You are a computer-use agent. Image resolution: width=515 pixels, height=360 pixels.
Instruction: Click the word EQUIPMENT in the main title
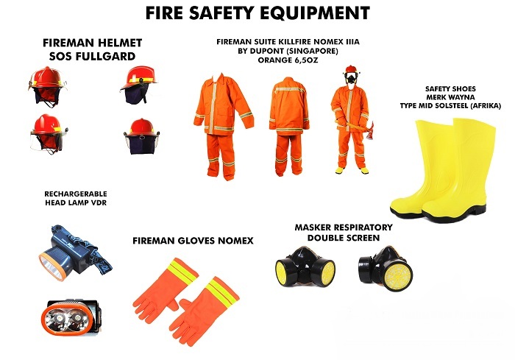coord(315,13)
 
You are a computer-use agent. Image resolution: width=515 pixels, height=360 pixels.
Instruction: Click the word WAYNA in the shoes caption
coord(463,97)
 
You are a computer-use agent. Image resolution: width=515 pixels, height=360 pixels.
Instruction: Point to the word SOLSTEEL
coord(457,106)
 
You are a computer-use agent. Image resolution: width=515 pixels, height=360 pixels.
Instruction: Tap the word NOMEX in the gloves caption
coord(236,241)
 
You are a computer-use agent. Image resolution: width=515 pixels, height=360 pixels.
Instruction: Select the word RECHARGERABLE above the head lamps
coord(76,194)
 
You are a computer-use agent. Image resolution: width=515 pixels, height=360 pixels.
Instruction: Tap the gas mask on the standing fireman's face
coord(351,77)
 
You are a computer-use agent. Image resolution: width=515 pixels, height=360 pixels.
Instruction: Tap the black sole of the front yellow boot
coord(453,216)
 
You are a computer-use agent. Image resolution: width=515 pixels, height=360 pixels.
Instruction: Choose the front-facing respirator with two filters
coord(305,267)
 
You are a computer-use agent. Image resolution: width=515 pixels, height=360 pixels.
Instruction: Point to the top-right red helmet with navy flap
coord(139,85)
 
